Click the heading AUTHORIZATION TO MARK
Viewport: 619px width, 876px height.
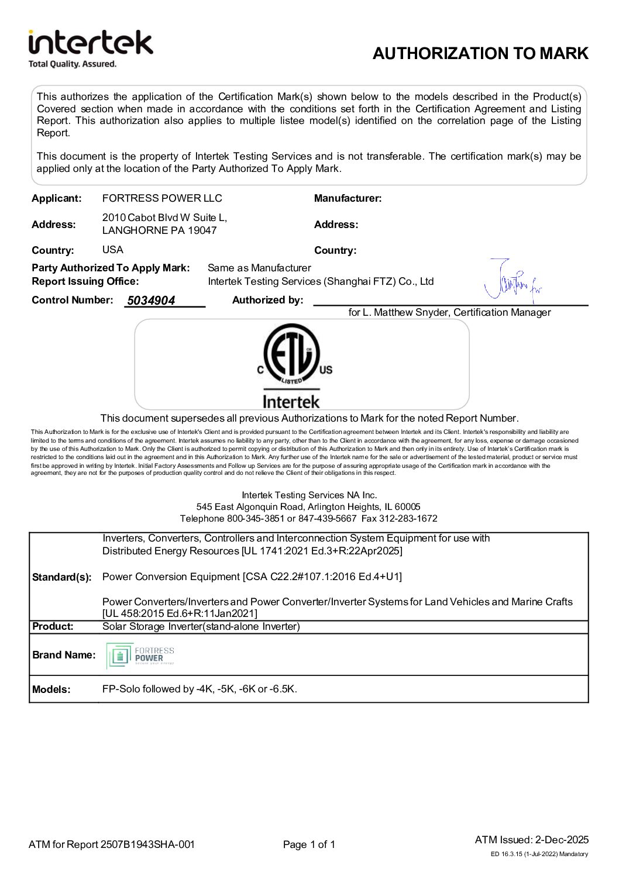(x=480, y=54)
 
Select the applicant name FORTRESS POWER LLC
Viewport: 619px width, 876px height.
(x=162, y=198)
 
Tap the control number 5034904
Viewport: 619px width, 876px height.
(x=151, y=301)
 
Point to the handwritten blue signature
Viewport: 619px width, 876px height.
(x=513, y=282)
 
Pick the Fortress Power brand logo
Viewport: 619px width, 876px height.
(x=141, y=656)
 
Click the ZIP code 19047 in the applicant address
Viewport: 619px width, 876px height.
(x=202, y=230)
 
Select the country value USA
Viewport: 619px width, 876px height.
(x=113, y=250)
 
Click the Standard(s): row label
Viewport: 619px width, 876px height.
(x=62, y=577)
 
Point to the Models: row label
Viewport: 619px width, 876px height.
(x=51, y=689)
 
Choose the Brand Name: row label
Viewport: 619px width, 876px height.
(x=64, y=655)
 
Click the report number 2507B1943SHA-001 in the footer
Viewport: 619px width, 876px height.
(x=147, y=844)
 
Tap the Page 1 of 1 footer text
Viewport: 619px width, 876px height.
(x=309, y=844)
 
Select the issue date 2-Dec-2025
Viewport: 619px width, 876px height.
(x=562, y=840)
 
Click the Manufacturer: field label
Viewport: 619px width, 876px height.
(x=348, y=198)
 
